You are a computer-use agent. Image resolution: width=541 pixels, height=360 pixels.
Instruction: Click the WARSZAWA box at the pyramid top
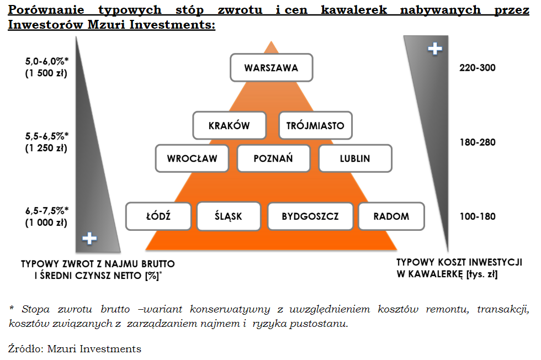click(272, 68)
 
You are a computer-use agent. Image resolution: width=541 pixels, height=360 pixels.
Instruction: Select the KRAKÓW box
click(230, 125)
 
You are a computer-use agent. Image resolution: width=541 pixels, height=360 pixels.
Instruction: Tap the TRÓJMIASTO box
click(315, 125)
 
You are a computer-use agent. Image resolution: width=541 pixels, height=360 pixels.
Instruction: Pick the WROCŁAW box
click(192, 158)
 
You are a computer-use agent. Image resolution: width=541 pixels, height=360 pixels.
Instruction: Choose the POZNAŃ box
click(274, 158)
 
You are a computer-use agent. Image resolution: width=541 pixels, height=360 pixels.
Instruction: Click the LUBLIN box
click(356, 158)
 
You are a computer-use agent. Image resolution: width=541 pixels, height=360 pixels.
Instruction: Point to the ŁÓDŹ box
click(158, 216)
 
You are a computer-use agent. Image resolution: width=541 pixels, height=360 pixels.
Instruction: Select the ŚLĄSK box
click(229, 216)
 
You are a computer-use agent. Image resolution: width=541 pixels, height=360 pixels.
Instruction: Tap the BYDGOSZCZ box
click(310, 216)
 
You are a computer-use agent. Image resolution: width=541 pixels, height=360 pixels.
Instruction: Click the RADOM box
click(391, 216)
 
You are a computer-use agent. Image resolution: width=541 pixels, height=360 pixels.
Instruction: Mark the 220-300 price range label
click(477, 68)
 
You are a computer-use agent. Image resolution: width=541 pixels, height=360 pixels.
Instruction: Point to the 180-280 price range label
click(477, 142)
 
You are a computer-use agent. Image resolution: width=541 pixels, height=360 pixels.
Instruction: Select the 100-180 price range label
click(477, 216)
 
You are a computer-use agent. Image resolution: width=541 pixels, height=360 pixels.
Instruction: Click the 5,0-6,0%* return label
click(47, 61)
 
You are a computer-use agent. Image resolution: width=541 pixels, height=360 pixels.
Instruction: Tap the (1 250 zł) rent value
click(46, 148)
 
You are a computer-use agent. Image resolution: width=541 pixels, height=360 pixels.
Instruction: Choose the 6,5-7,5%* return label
click(47, 210)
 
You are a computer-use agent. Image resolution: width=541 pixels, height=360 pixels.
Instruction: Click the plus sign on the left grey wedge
click(89, 238)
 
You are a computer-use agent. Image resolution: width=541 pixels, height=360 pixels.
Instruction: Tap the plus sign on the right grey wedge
click(435, 49)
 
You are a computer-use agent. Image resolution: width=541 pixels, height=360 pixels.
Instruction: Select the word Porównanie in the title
click(46, 10)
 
